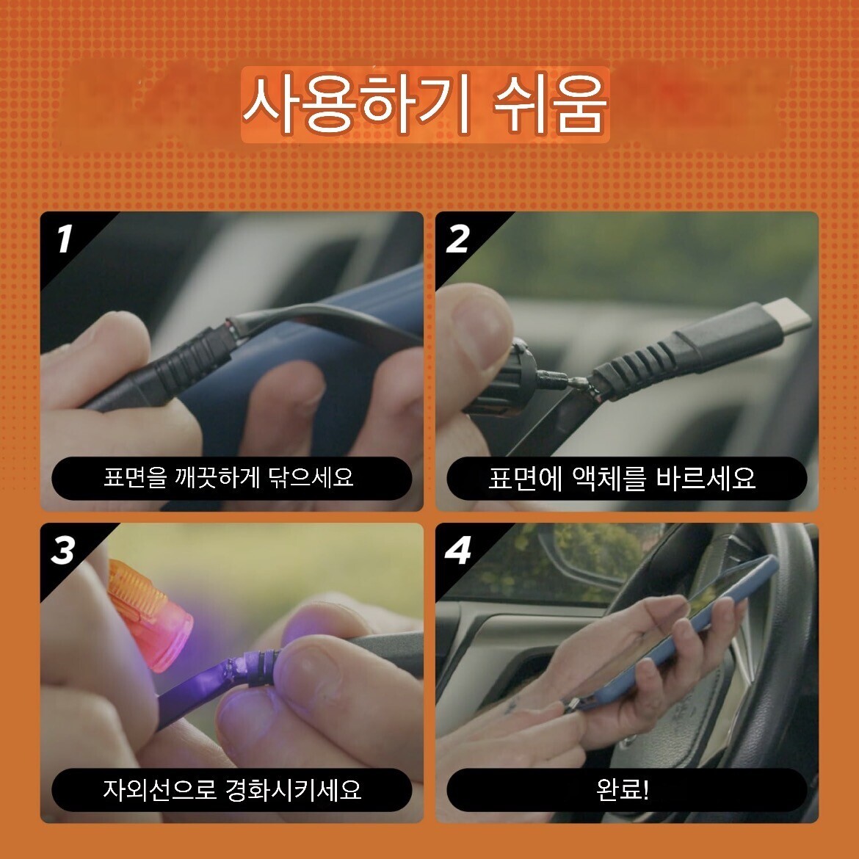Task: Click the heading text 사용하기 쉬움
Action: tap(425, 104)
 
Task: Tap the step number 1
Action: tap(65, 239)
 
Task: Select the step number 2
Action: tap(458, 239)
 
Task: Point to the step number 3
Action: tap(63, 550)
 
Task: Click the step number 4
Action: tap(458, 550)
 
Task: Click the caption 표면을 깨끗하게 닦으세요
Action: tap(229, 477)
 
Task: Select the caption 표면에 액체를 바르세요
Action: tap(622, 478)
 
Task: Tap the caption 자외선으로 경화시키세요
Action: tap(232, 789)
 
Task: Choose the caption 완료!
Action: tap(623, 789)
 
